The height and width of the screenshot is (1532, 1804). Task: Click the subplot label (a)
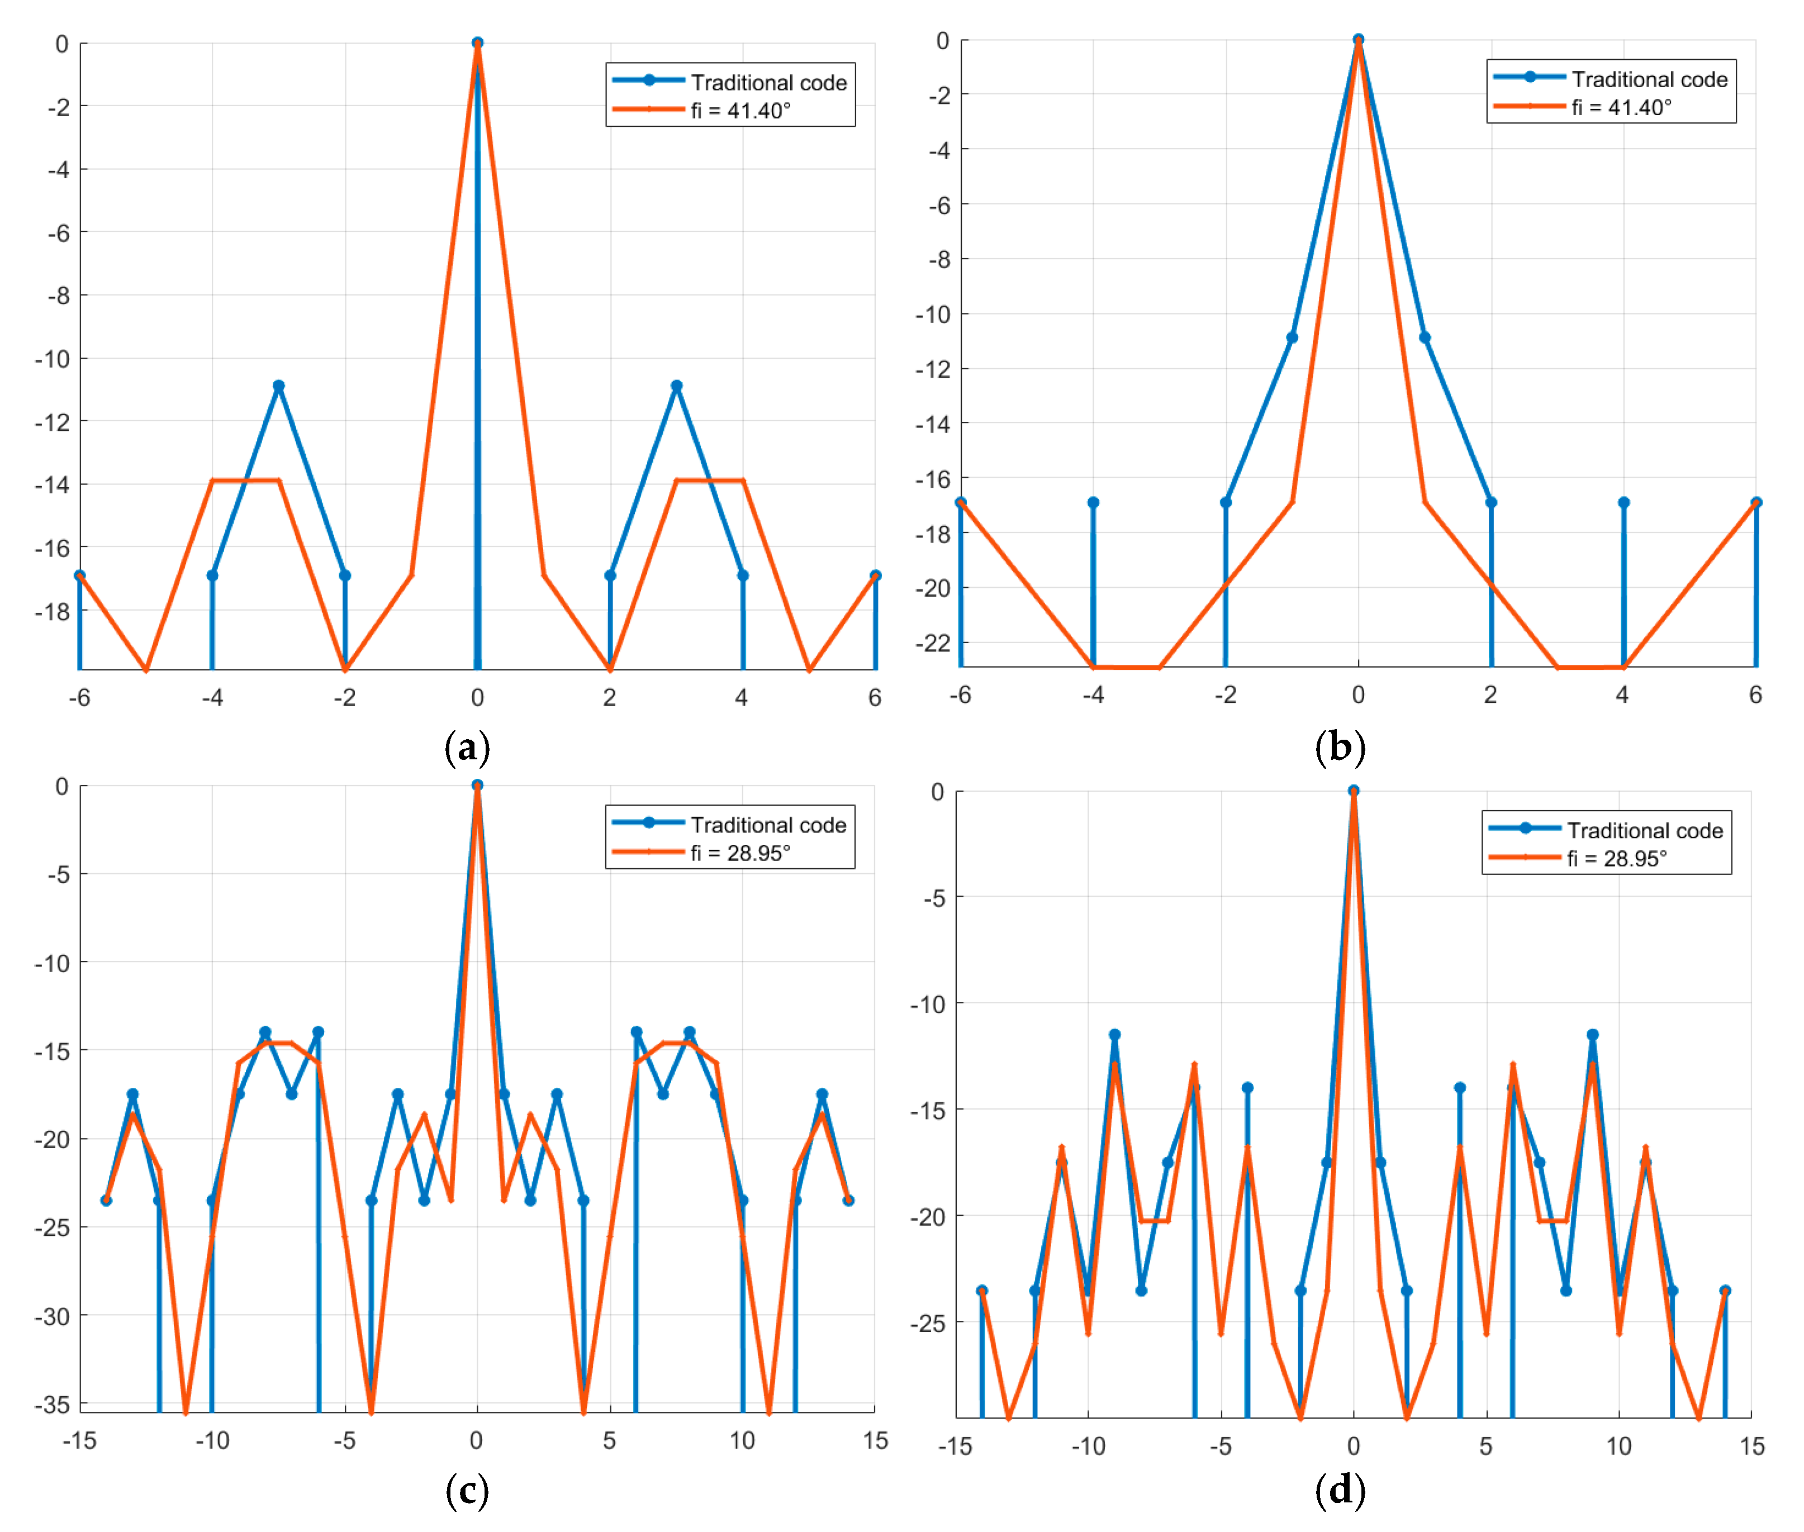(x=467, y=747)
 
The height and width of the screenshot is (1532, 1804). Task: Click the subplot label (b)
(x=1340, y=747)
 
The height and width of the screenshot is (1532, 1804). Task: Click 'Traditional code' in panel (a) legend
(x=768, y=83)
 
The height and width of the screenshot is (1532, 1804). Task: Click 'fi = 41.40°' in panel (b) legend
(x=1621, y=108)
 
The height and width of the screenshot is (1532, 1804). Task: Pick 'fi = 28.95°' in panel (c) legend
(x=740, y=853)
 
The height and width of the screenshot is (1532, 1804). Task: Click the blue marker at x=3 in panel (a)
(x=677, y=386)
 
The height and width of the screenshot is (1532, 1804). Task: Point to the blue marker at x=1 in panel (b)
(x=1425, y=338)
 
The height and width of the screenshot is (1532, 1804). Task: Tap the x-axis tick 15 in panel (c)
(x=875, y=1441)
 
